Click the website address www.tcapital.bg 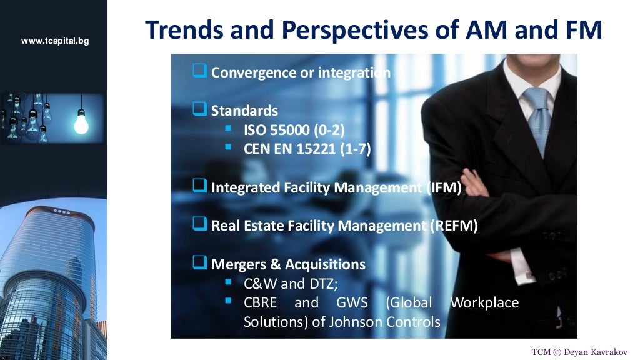[55, 41]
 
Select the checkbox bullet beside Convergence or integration [199, 72]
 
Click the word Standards [244, 111]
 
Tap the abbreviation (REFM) [454, 226]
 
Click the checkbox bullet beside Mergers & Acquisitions [199, 264]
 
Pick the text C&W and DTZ [291, 284]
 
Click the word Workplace [484, 303]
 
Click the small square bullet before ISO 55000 [228, 129]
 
